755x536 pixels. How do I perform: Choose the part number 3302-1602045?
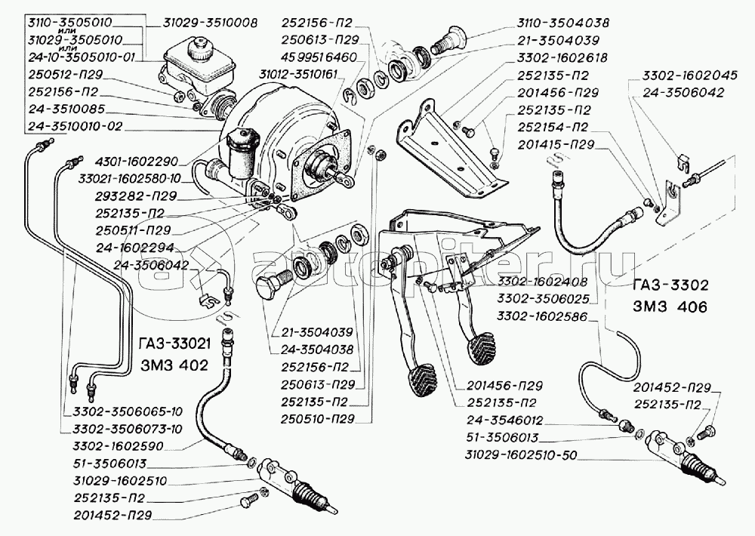tap(683, 75)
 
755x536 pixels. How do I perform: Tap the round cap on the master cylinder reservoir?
tap(200, 54)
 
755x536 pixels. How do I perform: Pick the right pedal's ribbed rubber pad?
tap(482, 348)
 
